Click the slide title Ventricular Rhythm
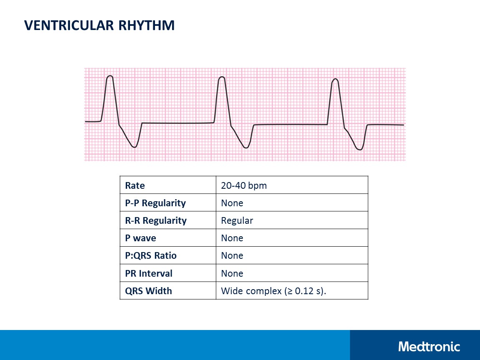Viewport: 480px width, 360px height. pos(99,25)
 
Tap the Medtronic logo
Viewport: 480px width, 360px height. pos(429,346)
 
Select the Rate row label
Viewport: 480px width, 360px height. pos(135,185)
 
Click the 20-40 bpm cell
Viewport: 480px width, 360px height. pos(244,185)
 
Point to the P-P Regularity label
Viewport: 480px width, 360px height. pos(155,203)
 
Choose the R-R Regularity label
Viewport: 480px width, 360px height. pos(155,220)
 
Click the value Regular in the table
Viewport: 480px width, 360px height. pos(237,220)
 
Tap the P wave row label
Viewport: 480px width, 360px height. pos(140,238)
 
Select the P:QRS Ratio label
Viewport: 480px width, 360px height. pos(150,255)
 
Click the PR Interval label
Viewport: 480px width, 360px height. pos(148,273)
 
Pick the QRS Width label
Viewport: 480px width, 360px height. pos(148,291)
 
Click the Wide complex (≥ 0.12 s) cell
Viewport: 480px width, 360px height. pos(273,291)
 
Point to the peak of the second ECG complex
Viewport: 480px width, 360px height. pos(222,77)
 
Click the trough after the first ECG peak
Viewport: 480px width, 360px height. pos(134,147)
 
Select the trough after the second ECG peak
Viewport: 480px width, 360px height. pos(246,147)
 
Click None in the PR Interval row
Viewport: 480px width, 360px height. pos(232,273)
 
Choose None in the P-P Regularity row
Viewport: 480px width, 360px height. pos(232,203)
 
